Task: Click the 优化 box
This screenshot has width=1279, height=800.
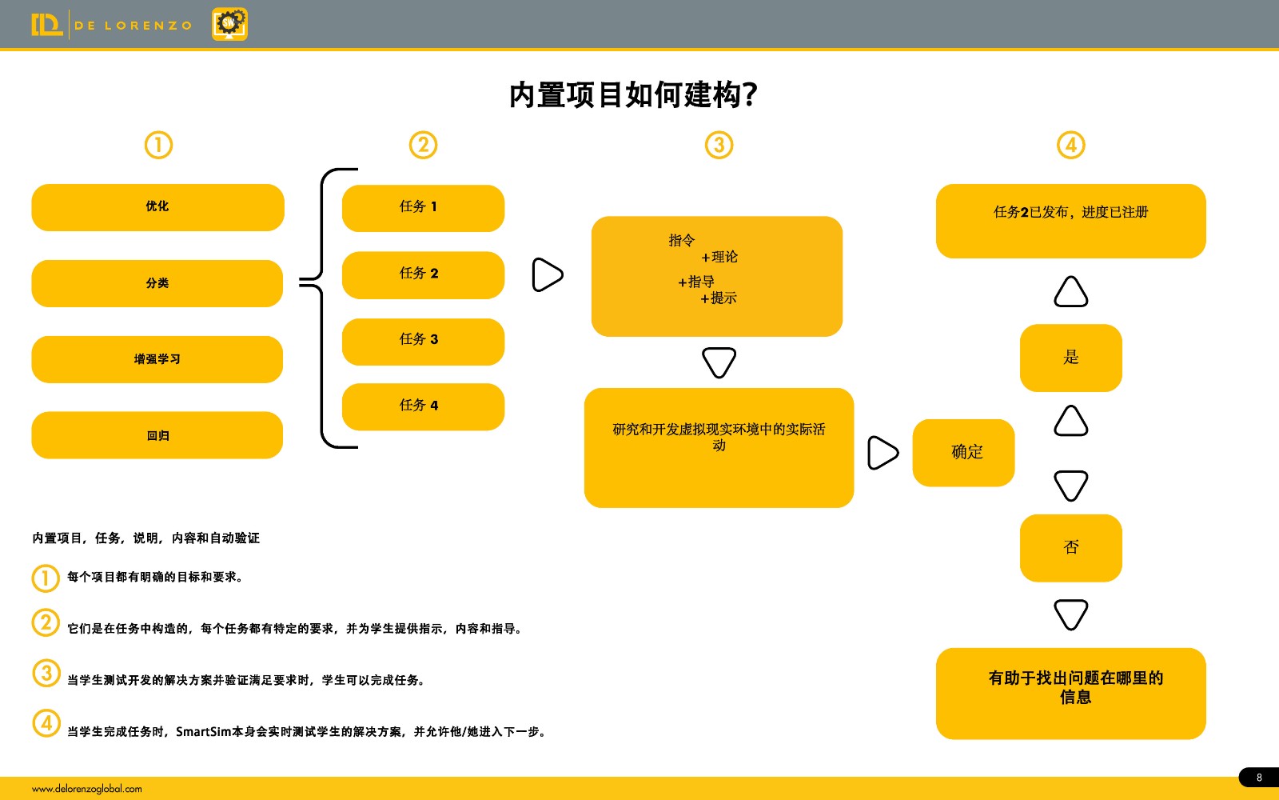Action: (x=157, y=207)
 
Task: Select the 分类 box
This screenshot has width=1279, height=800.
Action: (x=157, y=283)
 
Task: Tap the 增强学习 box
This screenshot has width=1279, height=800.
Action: (x=157, y=359)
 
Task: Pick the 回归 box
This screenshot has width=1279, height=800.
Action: (x=157, y=435)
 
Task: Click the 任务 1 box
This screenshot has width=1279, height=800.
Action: (x=423, y=208)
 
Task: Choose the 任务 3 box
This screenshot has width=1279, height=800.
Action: (x=423, y=342)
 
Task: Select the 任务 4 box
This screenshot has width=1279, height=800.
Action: (x=423, y=407)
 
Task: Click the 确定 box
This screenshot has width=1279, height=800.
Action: (x=964, y=453)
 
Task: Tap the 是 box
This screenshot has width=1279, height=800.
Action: (x=1071, y=358)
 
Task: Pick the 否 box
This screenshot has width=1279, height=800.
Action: (x=1071, y=548)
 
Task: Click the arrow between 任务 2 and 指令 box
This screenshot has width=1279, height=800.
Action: (x=547, y=275)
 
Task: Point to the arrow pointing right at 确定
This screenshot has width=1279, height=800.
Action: (x=883, y=453)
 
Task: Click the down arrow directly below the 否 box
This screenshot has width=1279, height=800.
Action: (x=1070, y=614)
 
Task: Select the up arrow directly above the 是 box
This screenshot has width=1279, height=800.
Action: (x=1070, y=291)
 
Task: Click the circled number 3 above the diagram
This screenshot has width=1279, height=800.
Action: (x=719, y=145)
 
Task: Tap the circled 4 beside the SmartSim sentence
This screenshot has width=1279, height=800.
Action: (x=46, y=723)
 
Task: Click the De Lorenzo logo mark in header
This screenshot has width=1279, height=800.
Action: (x=47, y=25)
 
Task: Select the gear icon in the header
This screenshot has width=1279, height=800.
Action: (x=229, y=24)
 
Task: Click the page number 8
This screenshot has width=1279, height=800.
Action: (x=1259, y=778)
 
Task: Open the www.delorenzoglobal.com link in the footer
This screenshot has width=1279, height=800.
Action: (x=87, y=789)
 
